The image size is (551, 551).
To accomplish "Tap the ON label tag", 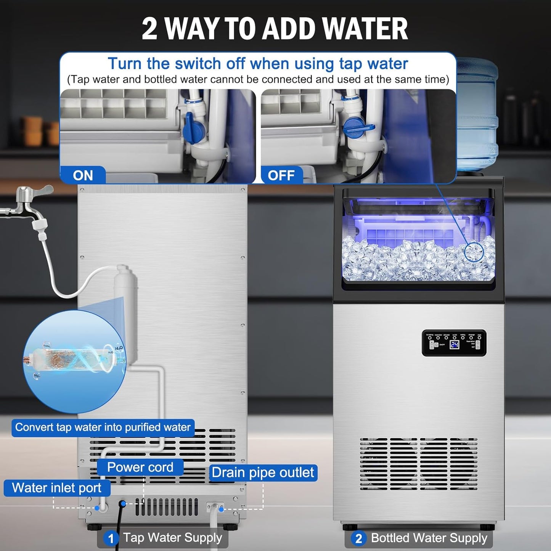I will (x=83, y=175).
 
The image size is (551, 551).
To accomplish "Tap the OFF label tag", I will (x=281, y=175).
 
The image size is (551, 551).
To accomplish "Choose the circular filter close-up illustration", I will (x=74, y=360).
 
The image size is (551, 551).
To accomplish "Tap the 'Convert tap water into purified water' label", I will (x=103, y=427).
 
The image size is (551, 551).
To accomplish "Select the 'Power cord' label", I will (x=140, y=467).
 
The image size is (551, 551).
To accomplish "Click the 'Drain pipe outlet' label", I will (x=263, y=473).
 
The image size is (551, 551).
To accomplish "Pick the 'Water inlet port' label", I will (x=57, y=488).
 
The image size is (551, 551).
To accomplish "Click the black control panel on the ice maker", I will (x=454, y=343).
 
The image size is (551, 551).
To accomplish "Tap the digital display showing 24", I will (x=454, y=345).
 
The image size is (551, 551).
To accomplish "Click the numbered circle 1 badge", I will (x=111, y=539).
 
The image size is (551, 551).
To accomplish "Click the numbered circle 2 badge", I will (x=358, y=539).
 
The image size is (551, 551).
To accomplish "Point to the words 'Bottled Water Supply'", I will (x=429, y=538).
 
